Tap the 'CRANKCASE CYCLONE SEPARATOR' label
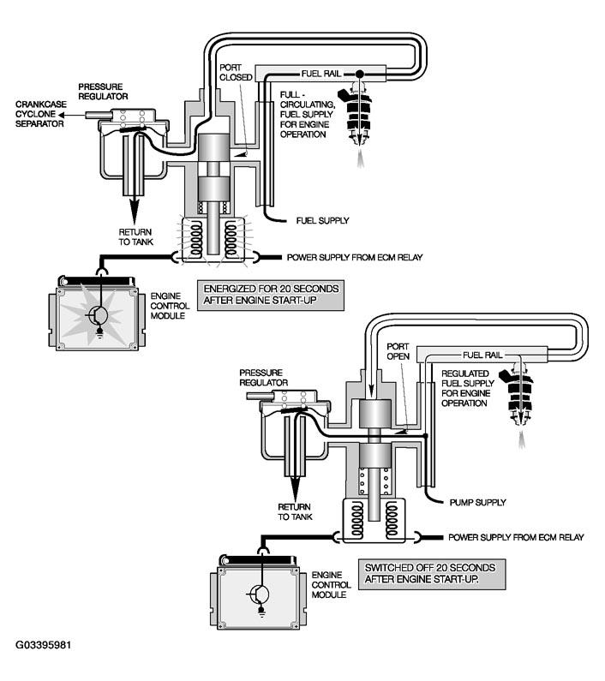pyautogui.click(x=39, y=114)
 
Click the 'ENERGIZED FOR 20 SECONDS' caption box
pyautogui.click(x=271, y=295)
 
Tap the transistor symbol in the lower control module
pyautogui.click(x=260, y=593)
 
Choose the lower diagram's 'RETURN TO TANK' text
pyautogui.click(x=294, y=511)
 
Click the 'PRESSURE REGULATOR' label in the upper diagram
pyautogui.click(x=103, y=92)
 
